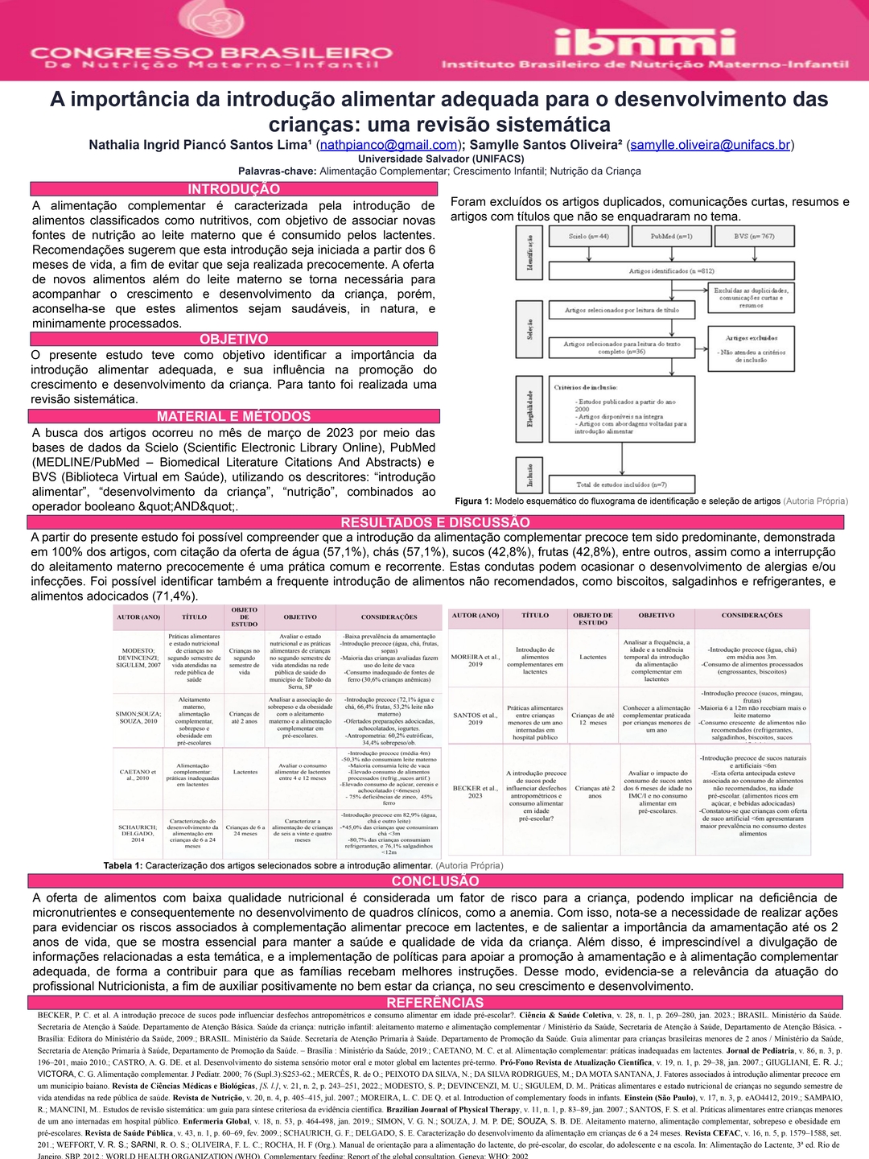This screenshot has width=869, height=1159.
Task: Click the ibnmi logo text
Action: click(x=645, y=39)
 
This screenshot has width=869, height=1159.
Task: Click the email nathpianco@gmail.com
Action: click(x=389, y=145)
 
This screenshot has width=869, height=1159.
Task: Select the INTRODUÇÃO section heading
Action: click(x=233, y=189)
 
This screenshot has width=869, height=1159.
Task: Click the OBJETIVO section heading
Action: click(x=233, y=339)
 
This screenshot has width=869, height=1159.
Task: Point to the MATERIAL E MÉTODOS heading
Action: click(x=233, y=416)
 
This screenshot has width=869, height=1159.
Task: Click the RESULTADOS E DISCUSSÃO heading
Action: click(x=434, y=522)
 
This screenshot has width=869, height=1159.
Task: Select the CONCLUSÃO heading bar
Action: click(x=434, y=881)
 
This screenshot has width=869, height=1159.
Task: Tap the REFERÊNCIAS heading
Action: click(x=434, y=1003)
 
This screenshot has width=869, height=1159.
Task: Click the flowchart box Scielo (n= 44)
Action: click(x=588, y=237)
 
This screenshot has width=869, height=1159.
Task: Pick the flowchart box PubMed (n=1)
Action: click(x=671, y=237)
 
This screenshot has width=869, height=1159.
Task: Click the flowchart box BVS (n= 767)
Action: click(x=754, y=237)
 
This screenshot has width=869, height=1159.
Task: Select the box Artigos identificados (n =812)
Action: click(x=671, y=271)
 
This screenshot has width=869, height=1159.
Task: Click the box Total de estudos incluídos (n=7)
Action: click(x=621, y=485)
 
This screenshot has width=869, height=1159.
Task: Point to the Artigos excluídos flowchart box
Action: click(x=752, y=348)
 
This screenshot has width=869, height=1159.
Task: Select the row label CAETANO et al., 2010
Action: click(x=138, y=775)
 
